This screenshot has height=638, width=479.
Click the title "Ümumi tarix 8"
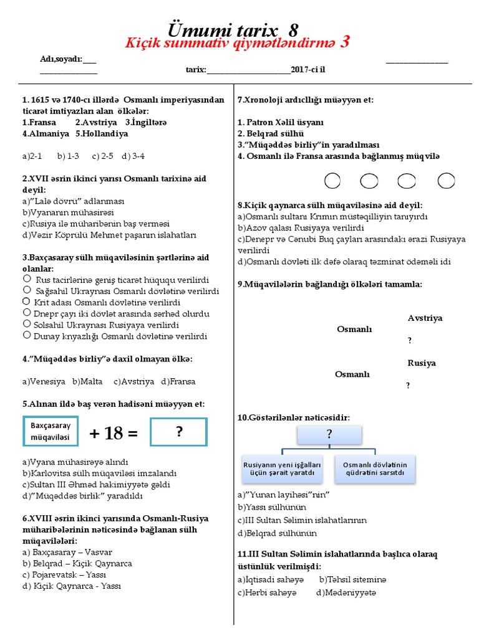(234, 30)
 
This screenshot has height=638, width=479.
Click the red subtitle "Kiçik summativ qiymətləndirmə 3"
(237, 43)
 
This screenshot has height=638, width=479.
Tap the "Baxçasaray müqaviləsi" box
(51, 432)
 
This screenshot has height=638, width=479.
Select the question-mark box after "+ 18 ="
(178, 432)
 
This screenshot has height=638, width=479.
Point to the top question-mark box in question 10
(329, 435)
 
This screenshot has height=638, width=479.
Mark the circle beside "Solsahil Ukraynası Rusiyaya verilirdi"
(27, 324)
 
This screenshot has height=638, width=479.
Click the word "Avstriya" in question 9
(425, 318)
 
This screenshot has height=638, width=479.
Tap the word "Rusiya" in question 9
(422, 363)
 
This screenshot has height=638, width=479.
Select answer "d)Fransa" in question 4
(178, 381)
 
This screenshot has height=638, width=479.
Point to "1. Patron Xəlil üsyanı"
(281, 122)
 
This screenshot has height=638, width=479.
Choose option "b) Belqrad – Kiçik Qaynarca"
(77, 563)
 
